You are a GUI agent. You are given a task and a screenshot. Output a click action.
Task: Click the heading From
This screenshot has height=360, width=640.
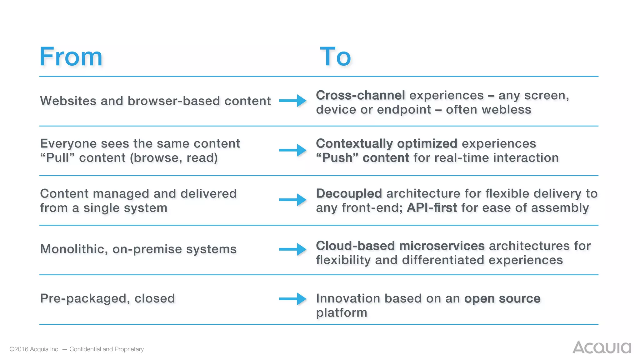[71, 57]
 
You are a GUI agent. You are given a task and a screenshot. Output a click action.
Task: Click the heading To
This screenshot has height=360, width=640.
[336, 57]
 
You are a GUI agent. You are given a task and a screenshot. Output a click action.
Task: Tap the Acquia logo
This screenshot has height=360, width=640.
[602, 347]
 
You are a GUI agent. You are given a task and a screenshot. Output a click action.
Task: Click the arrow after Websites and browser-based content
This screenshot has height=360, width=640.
[293, 101]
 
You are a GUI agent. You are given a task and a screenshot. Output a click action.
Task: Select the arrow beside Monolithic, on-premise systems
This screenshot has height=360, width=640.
[293, 249]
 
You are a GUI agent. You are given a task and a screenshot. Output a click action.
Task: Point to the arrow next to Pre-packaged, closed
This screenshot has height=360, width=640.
[293, 299]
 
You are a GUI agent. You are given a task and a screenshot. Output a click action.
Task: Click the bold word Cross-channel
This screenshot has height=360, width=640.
[360, 95]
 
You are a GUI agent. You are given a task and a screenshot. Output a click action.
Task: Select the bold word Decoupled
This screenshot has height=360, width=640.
[349, 193]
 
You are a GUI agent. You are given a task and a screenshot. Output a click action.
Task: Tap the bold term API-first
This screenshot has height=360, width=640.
[432, 208]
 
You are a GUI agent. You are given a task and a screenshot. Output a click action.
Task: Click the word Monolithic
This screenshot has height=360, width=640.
[74, 249]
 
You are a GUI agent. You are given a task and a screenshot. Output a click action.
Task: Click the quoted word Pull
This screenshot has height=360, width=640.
[57, 158]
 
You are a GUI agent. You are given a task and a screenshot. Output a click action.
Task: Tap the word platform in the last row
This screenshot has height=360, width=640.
[342, 313]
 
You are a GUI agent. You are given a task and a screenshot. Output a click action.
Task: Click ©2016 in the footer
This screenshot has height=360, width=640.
[18, 349]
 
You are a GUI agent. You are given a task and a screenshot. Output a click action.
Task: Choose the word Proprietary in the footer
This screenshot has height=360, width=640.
[129, 349]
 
